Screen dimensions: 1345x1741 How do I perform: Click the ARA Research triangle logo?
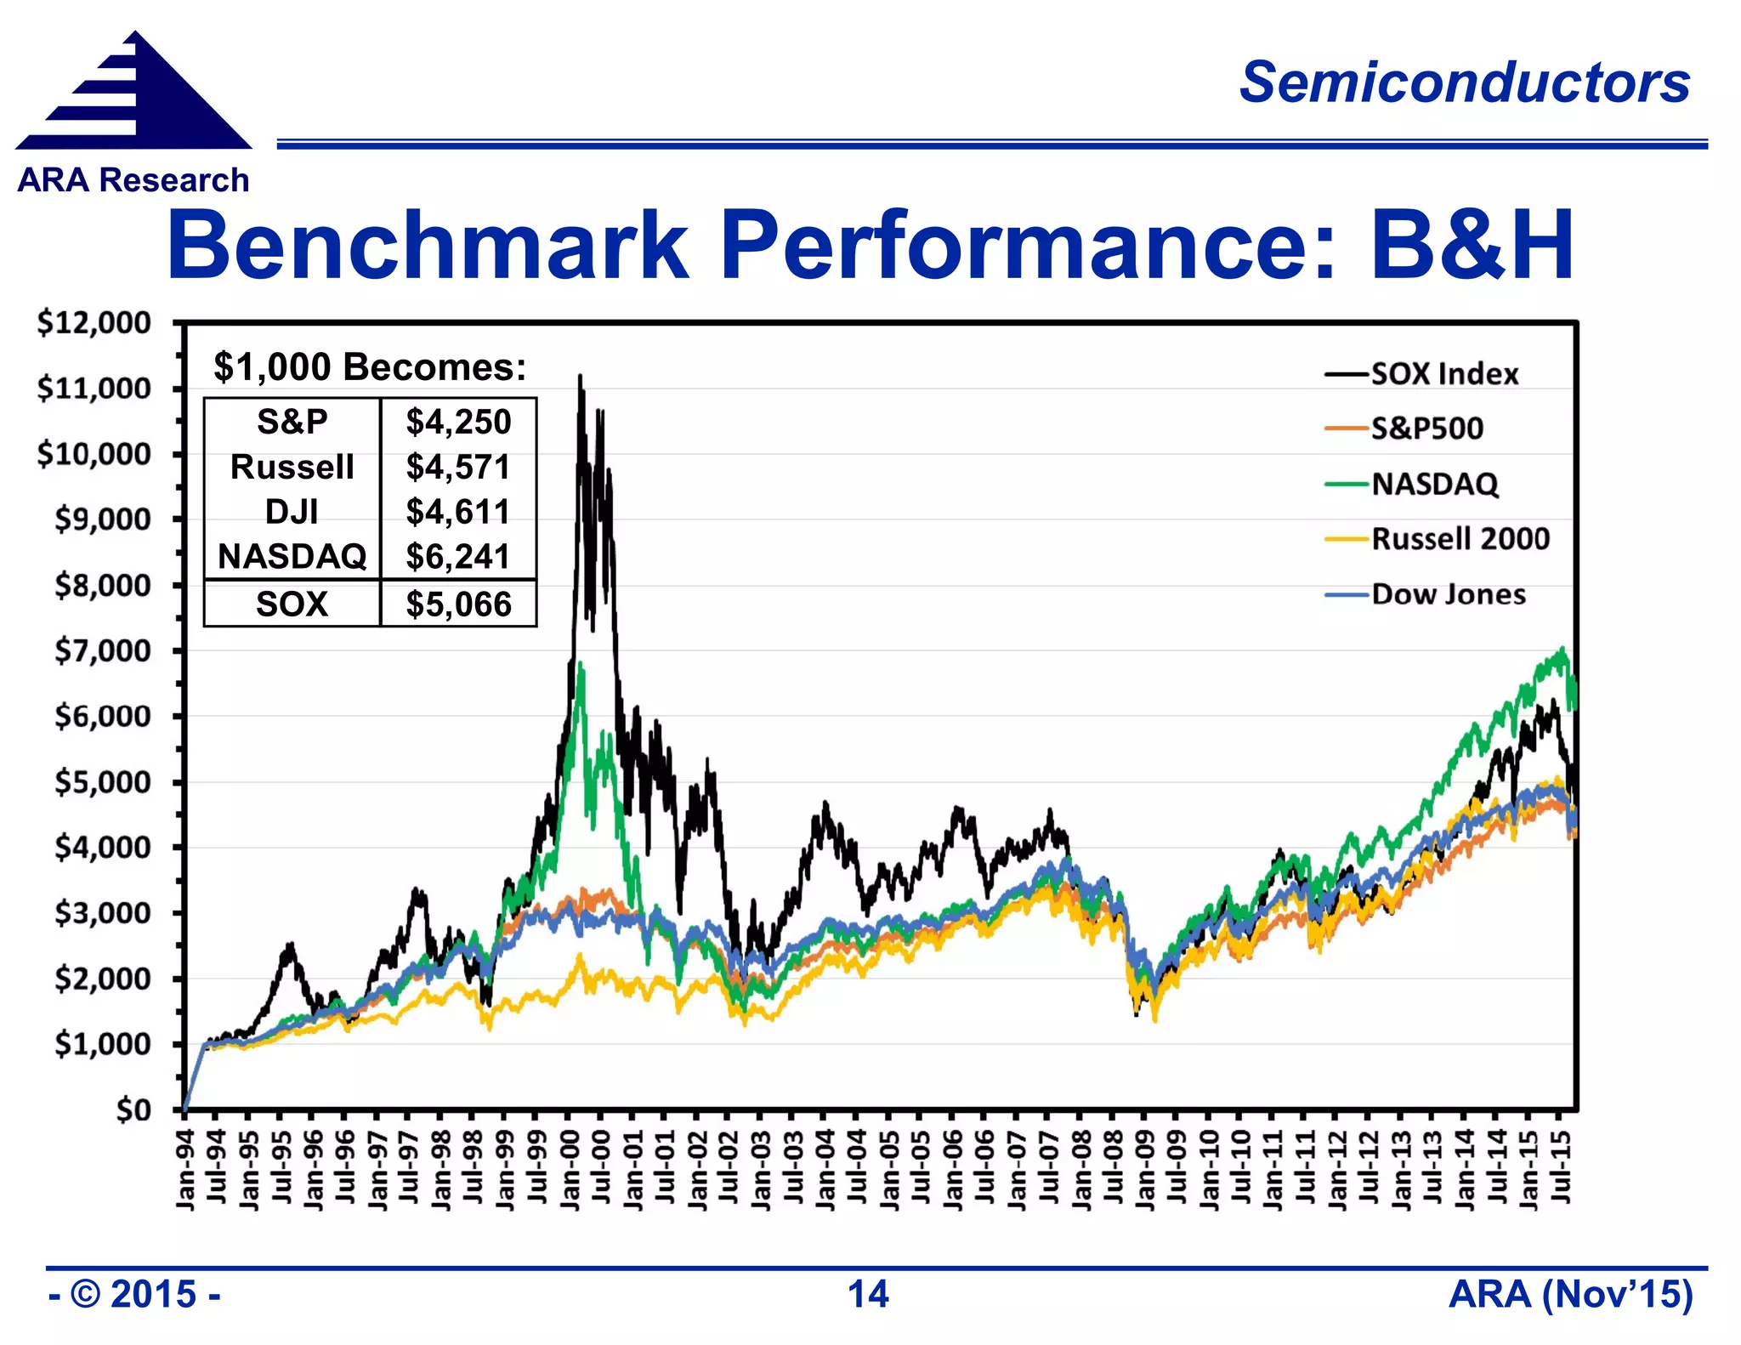[134, 94]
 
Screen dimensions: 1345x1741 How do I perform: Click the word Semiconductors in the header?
[1464, 82]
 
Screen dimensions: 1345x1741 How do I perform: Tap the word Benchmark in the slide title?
[427, 247]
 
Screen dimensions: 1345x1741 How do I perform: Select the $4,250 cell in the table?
[458, 422]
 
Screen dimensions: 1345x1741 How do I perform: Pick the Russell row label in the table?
[292, 467]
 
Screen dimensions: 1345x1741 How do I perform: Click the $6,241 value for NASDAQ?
[458, 557]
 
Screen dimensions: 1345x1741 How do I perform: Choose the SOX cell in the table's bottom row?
[292, 604]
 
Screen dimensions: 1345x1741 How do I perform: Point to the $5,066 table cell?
[458, 604]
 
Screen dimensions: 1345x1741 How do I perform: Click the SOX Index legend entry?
[1443, 374]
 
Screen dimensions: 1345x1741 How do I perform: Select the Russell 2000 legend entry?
[1460, 539]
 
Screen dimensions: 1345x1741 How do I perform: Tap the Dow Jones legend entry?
[1448, 594]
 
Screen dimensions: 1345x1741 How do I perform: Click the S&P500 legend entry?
[1426, 428]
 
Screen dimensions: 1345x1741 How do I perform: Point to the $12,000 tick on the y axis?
[94, 323]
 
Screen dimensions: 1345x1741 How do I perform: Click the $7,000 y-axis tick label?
[102, 651]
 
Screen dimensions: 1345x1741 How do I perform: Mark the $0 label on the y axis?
[133, 1109]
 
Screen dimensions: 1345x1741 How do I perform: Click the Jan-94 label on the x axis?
[185, 1169]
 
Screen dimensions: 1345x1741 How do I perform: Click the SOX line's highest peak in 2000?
[581, 376]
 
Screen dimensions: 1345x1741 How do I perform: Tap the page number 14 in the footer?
[868, 1295]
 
